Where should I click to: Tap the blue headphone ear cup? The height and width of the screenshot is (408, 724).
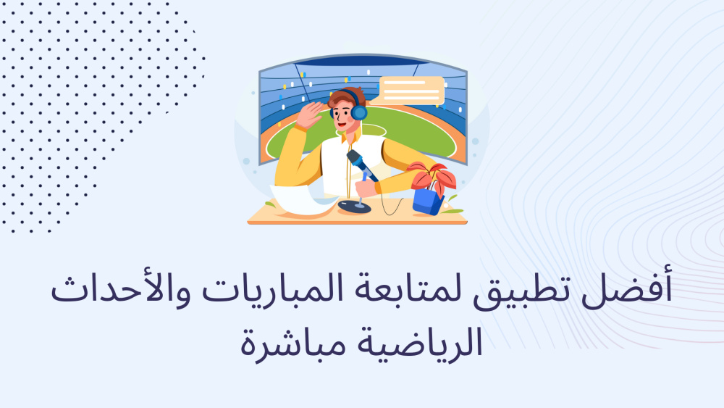coord(359,112)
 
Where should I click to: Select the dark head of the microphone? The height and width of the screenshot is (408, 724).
coord(356,159)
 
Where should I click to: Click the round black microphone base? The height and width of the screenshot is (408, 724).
coord(354,206)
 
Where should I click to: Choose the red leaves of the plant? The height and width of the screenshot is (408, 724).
coord(432,176)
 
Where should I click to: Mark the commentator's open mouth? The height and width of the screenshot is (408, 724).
coord(341,124)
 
